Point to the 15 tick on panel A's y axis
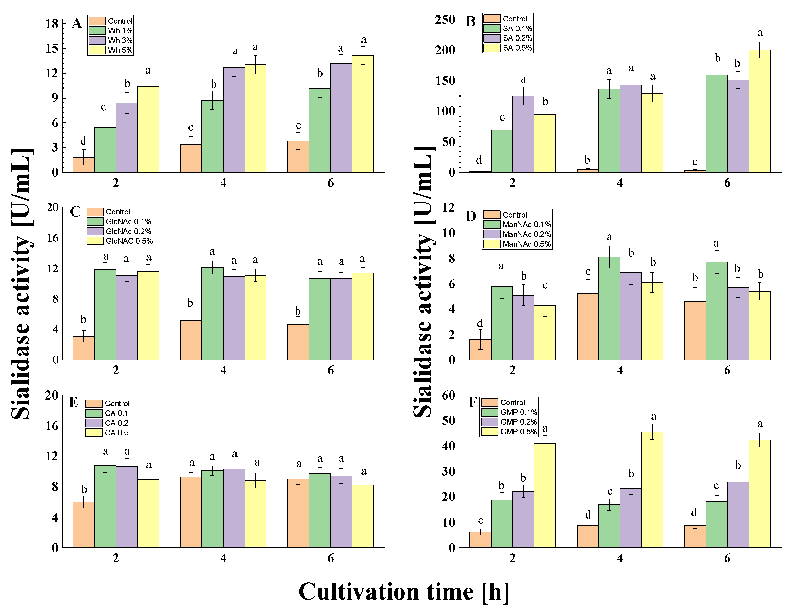click(52, 48)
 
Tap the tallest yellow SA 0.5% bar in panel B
click(759, 111)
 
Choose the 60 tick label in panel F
click(449, 395)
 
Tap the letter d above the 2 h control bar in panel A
click(83, 141)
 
